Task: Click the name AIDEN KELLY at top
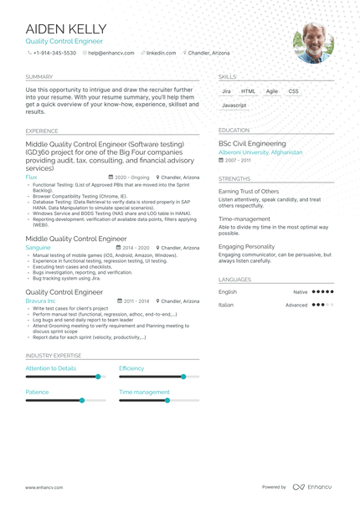click(x=66, y=28)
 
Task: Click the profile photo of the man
click(x=313, y=42)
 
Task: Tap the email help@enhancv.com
click(x=111, y=53)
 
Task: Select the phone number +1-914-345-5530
click(x=54, y=53)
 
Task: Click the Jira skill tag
click(x=226, y=91)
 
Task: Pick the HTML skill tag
click(x=249, y=91)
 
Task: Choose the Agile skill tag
click(x=272, y=91)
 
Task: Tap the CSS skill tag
click(x=293, y=91)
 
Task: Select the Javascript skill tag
click(x=234, y=105)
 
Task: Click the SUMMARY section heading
click(x=39, y=75)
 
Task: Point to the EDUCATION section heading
click(x=234, y=131)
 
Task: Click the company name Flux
click(x=31, y=177)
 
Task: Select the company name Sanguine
click(x=38, y=248)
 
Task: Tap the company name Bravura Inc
click(x=40, y=301)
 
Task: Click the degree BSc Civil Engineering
click(x=252, y=144)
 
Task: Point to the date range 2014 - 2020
click(x=136, y=248)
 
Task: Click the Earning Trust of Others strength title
click(x=249, y=192)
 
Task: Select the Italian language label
click(x=226, y=305)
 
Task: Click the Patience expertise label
click(x=37, y=392)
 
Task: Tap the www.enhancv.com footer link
click(x=44, y=487)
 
